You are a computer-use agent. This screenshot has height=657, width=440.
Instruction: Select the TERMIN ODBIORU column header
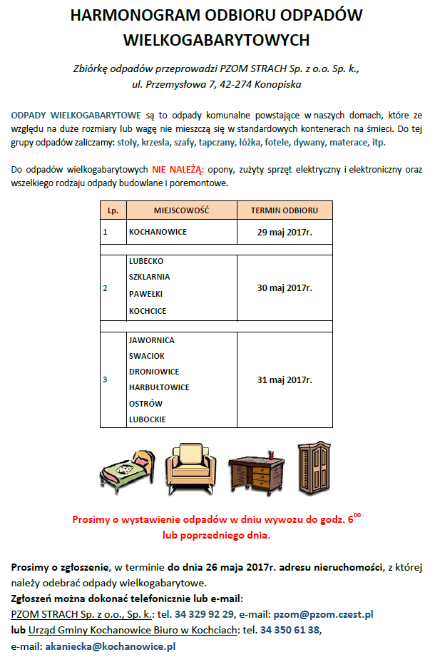284,210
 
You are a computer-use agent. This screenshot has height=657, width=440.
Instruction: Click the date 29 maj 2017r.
284,232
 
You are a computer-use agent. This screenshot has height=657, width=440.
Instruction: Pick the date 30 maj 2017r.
284,287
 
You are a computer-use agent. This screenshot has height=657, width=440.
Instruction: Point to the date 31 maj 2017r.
284,380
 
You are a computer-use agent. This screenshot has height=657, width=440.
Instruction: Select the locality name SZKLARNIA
149,277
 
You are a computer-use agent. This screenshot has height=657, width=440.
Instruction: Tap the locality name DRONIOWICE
153,372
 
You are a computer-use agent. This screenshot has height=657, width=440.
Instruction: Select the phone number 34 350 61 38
290,630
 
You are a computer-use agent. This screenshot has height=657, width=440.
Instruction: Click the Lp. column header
113,210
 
